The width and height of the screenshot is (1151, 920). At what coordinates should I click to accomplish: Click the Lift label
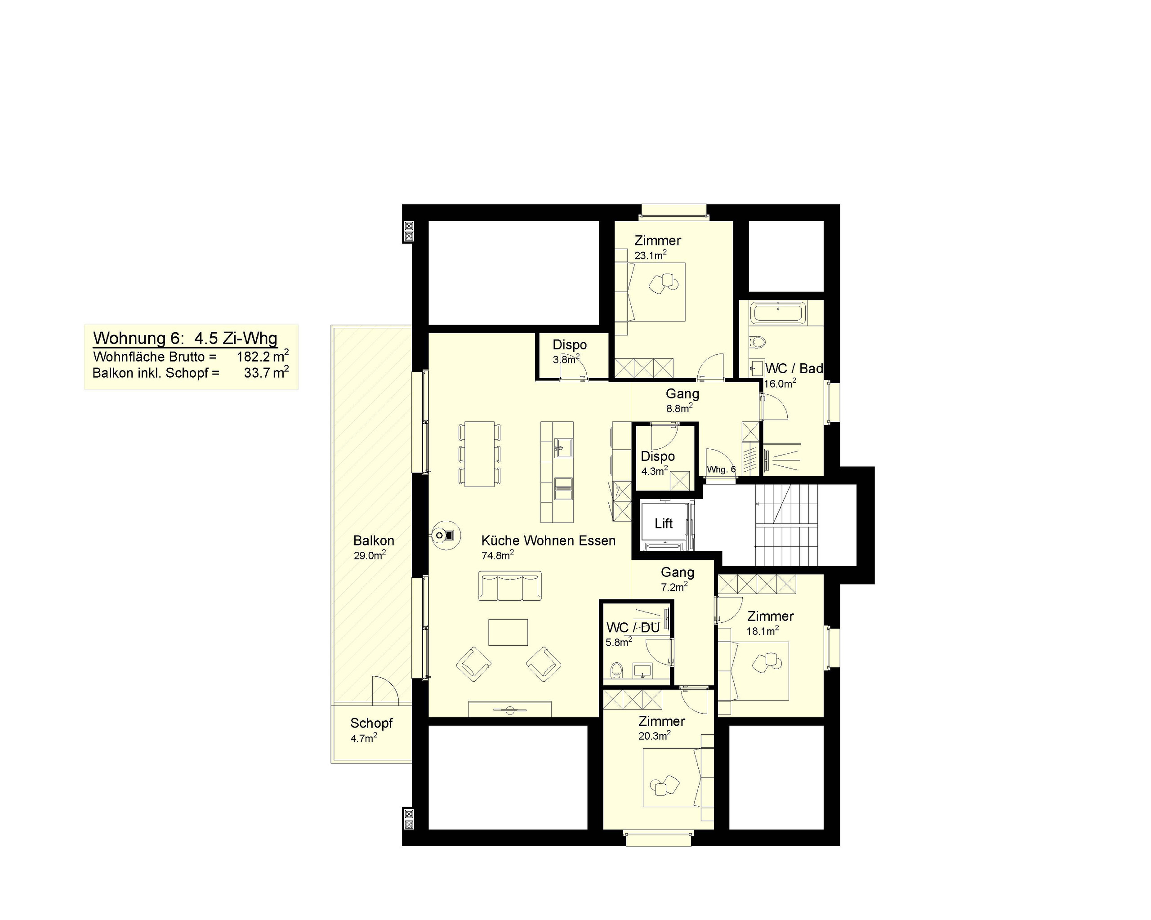(x=664, y=523)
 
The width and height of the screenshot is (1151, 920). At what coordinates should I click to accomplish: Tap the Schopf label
(x=371, y=723)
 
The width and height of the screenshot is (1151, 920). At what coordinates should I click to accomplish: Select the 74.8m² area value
(x=498, y=555)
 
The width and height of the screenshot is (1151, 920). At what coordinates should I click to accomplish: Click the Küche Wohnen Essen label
(x=548, y=540)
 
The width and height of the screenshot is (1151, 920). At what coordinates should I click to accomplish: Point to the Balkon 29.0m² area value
(x=370, y=555)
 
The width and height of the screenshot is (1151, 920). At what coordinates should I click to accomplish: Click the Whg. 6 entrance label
(x=721, y=469)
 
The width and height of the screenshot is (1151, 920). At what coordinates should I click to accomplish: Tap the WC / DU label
(x=633, y=627)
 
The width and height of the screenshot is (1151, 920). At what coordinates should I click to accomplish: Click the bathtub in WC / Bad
(x=778, y=313)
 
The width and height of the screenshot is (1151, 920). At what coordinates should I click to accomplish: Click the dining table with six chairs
(x=480, y=454)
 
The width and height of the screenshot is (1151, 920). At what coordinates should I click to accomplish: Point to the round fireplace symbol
(x=446, y=535)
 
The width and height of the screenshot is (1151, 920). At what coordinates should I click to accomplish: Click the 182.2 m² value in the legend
(x=263, y=356)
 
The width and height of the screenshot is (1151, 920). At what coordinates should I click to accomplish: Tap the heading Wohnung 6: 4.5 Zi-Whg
(x=185, y=338)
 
